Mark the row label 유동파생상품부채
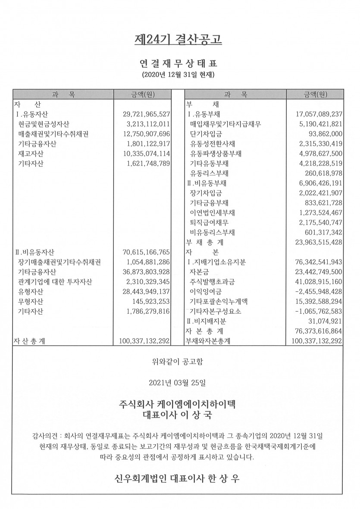click(x=216, y=153)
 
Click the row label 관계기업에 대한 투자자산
click(x=55, y=282)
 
